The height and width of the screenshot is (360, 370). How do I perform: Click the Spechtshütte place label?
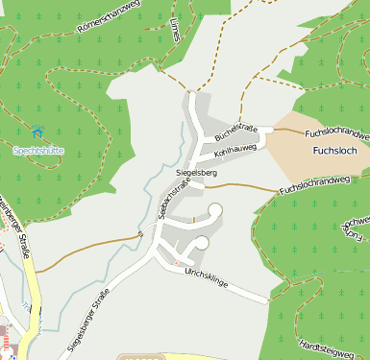(39, 150)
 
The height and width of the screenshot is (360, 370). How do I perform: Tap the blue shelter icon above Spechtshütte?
(38, 132)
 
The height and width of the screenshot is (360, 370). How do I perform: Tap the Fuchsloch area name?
(335, 152)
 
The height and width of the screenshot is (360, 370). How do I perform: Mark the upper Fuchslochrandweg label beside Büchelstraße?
(335, 132)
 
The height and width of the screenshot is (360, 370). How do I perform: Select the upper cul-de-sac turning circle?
(215, 209)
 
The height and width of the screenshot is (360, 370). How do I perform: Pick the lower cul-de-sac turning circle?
(202, 243)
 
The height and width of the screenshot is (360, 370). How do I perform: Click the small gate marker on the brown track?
(139, 232)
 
